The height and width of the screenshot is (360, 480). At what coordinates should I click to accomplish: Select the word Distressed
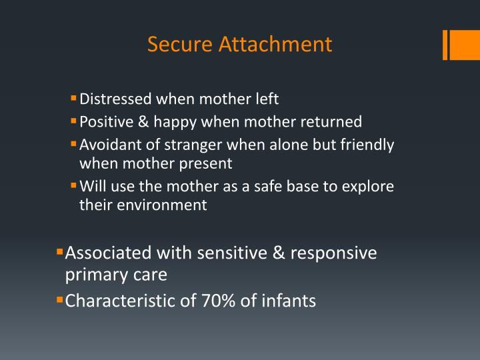[x=115, y=99]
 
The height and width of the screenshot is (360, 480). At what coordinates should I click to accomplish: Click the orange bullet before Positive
[x=74, y=121]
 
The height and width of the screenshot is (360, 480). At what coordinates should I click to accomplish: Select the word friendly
[x=367, y=145]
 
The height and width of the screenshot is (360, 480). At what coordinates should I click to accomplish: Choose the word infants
[x=289, y=301]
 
